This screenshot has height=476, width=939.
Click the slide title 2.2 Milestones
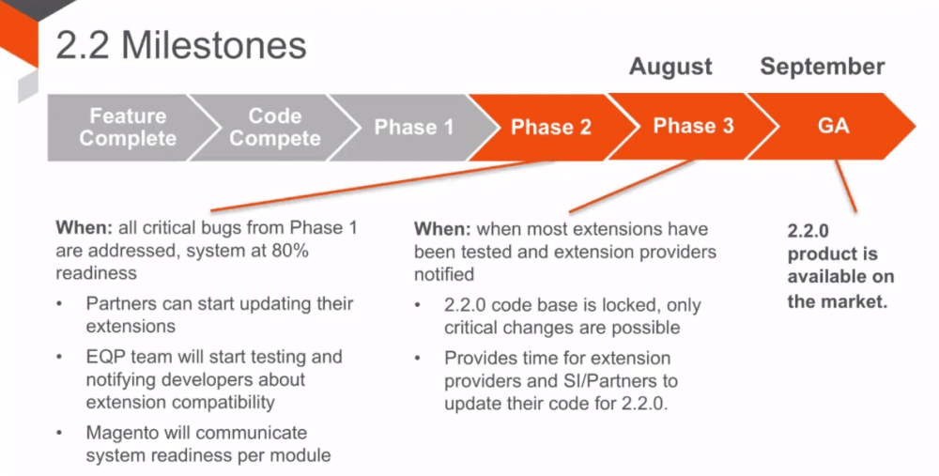tap(181, 45)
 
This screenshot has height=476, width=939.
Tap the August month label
tap(670, 67)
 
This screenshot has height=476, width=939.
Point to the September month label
tap(823, 67)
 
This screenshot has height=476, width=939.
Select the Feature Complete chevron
tap(128, 127)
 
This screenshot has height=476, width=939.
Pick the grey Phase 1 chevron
tap(414, 127)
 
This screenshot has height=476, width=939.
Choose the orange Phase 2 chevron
tap(551, 127)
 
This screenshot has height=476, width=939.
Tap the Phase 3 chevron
tap(693, 127)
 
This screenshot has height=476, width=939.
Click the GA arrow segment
tap(833, 127)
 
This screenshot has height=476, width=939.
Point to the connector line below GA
tap(846, 186)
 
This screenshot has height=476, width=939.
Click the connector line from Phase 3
tap(632, 186)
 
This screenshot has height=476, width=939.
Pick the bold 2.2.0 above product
tap(808, 231)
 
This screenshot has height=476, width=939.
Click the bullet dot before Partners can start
tap(59, 304)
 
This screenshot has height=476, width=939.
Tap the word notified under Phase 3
tap(444, 274)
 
